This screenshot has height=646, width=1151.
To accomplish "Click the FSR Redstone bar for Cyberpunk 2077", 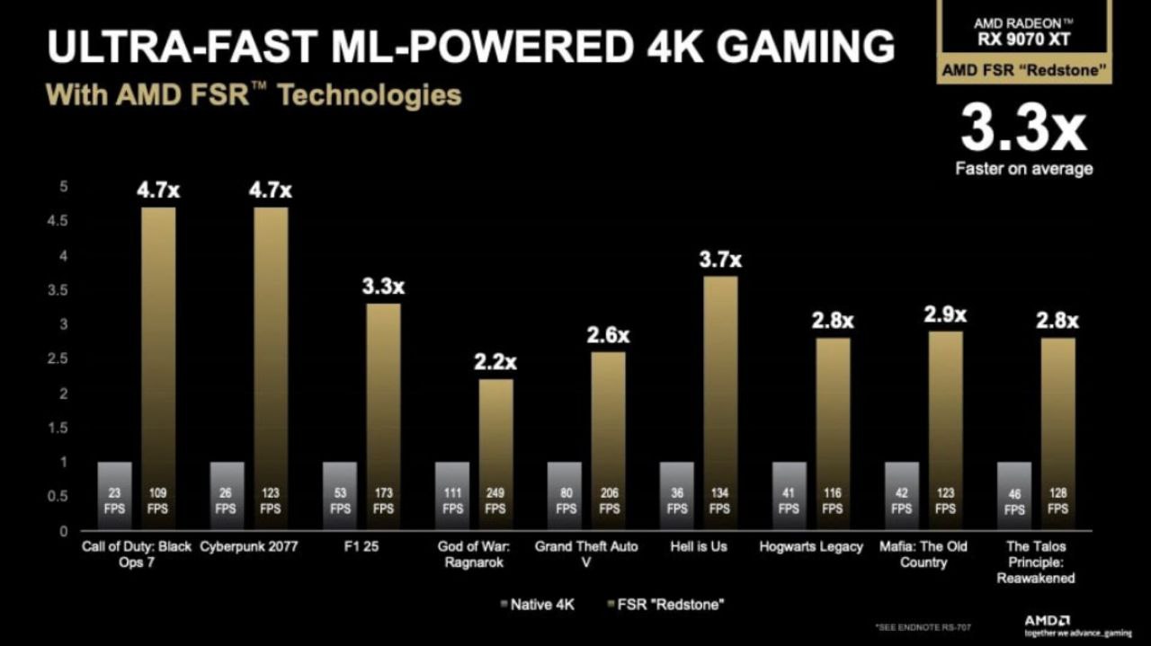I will [271, 359].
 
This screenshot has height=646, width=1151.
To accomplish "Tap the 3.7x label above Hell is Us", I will [720, 261].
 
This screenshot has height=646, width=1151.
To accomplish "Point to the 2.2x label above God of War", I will [495, 362].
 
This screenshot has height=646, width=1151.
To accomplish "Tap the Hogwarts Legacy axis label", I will [810, 546].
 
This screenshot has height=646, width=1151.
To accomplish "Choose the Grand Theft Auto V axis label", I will [587, 554].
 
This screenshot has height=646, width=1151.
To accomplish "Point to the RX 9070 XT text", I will [1023, 39].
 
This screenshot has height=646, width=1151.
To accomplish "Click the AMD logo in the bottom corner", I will [1047, 621].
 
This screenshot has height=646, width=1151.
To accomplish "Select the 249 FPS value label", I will [495, 500].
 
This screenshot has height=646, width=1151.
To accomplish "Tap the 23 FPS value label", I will [114, 500].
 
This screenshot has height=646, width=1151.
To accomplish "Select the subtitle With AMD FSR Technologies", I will [254, 95].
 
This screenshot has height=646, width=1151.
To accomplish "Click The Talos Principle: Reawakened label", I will [1035, 562].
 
